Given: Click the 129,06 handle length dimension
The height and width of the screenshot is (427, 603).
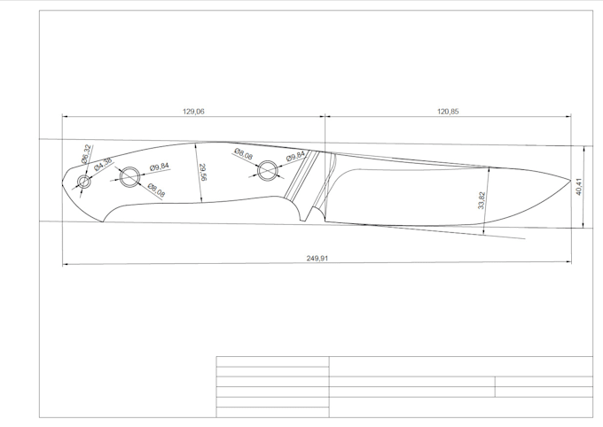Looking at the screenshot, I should (193, 112).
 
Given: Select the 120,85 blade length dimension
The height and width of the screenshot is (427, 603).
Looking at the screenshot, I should (448, 112).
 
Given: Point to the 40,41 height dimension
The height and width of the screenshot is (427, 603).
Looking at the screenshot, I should (579, 185).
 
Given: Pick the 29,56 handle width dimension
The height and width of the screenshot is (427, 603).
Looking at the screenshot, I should (202, 172).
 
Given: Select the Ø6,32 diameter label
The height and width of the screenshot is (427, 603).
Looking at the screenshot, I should (87, 154).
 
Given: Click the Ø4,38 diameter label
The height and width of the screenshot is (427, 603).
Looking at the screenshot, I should (104, 166).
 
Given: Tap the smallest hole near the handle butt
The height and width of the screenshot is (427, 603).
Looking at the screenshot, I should (84, 182).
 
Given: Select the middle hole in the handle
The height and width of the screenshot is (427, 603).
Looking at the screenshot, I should (129, 176).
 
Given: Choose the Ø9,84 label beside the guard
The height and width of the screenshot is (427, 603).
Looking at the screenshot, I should (295, 157).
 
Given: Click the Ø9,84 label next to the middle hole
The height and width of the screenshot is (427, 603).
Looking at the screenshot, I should (160, 167).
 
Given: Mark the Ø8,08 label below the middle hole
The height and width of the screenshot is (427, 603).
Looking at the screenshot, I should (157, 190).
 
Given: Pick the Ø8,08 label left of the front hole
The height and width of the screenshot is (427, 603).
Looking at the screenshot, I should (243, 155).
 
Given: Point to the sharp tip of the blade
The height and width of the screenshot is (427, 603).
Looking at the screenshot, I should (570, 181).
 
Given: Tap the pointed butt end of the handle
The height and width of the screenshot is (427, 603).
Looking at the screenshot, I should (63, 186).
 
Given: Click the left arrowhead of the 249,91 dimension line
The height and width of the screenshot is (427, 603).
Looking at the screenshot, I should (65, 264).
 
